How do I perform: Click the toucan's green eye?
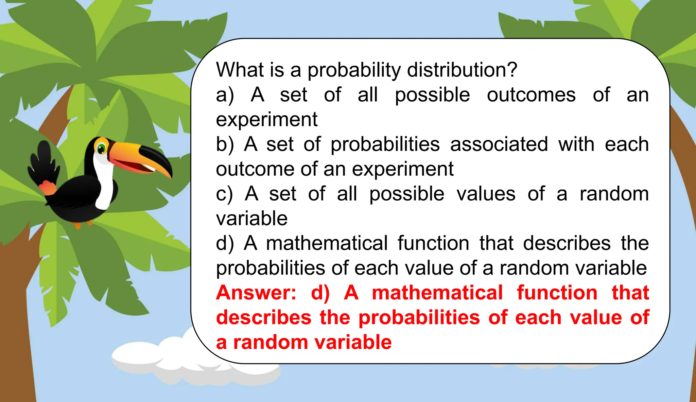click(101, 148)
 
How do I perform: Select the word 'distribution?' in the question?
click(462, 70)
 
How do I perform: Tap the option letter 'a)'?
click(225, 95)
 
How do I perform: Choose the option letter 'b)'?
click(225, 144)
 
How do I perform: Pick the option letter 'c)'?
click(224, 194)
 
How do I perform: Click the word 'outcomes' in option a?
click(531, 95)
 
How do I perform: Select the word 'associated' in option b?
click(499, 144)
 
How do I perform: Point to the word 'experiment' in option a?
click(267, 120)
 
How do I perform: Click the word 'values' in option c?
click(486, 194)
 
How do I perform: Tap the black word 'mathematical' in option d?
click(327, 243)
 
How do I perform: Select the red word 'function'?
click(557, 293)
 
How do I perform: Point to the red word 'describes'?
click(264, 317)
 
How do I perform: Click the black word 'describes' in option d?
click(567, 243)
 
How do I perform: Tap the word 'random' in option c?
click(614, 194)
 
